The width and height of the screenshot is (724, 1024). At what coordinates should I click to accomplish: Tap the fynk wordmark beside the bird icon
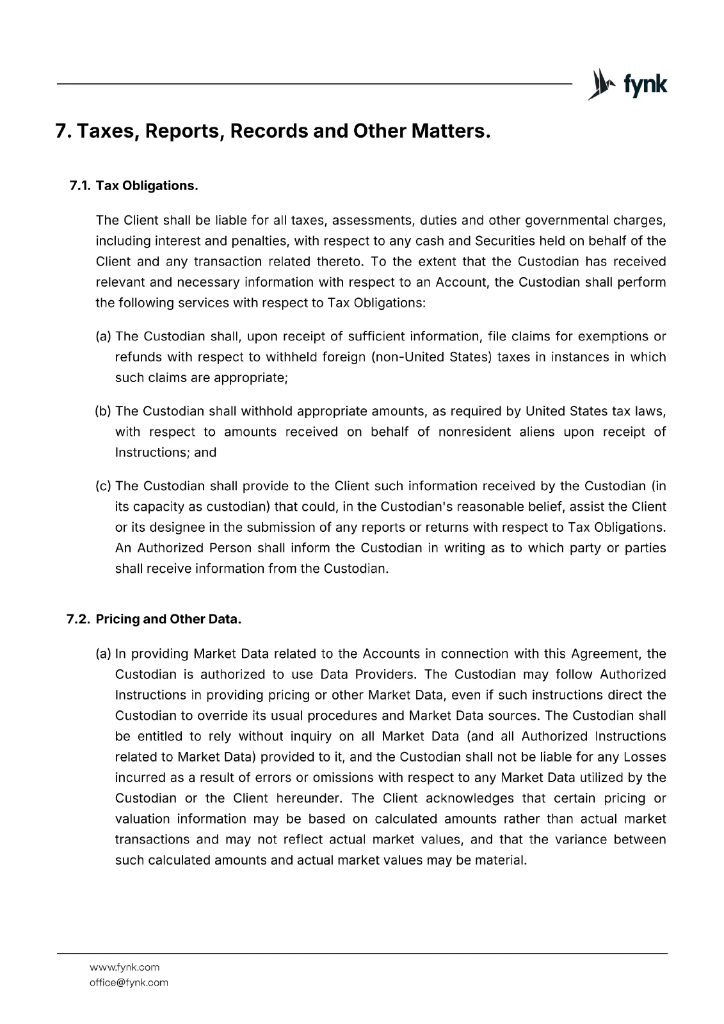[645, 85]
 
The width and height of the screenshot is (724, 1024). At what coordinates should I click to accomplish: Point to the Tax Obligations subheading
[147, 186]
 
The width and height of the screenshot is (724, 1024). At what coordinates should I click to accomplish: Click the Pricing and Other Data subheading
[168, 620]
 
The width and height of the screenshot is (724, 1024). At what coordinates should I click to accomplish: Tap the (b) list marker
[103, 411]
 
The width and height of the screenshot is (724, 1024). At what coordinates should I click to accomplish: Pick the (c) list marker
[103, 486]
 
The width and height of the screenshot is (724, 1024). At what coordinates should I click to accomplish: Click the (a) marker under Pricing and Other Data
[103, 653]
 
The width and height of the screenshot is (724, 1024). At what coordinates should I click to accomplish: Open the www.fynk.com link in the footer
[124, 967]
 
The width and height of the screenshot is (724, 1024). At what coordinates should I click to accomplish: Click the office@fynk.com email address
[129, 982]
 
